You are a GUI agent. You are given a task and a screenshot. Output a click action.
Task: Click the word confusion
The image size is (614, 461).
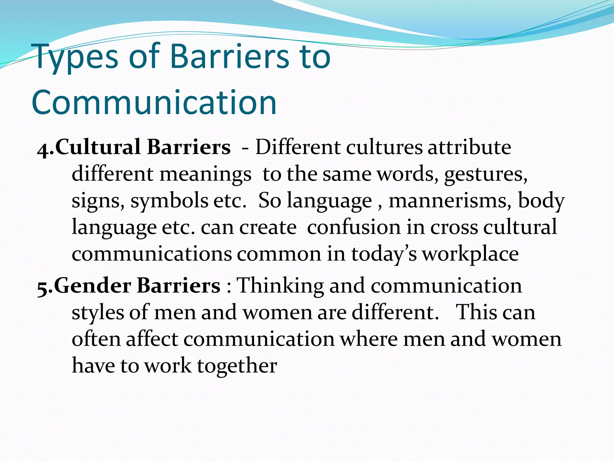pyautogui.click(x=354, y=227)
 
